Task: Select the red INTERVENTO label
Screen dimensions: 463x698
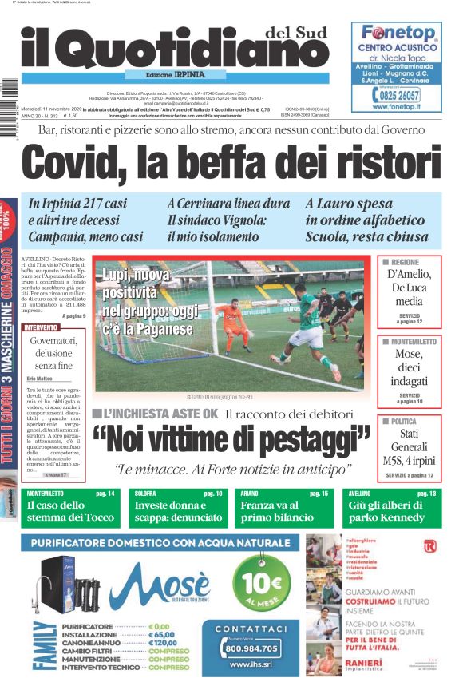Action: click(x=41, y=328)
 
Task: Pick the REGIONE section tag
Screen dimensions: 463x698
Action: click(x=405, y=262)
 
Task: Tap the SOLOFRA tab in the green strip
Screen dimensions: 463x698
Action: click(x=146, y=494)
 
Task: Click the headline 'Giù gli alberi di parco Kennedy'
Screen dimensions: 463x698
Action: click(x=390, y=511)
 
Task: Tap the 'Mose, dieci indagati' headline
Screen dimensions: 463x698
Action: click(x=409, y=367)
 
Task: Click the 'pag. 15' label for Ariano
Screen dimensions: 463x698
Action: click(x=319, y=494)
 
